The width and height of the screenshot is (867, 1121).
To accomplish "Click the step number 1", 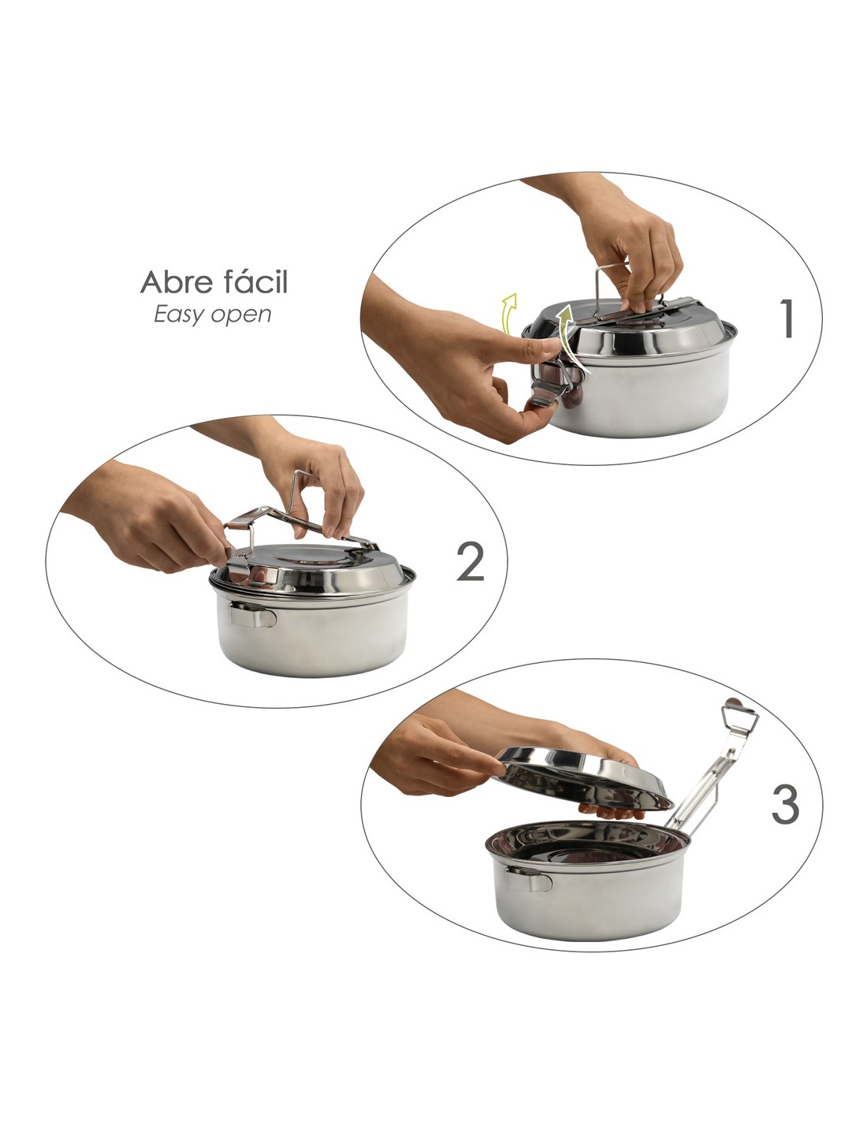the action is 786,320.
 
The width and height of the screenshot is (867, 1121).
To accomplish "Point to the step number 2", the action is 471,562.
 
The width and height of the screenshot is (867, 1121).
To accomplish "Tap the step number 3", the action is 785,804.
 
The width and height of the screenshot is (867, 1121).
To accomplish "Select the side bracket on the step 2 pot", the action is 253,614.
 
